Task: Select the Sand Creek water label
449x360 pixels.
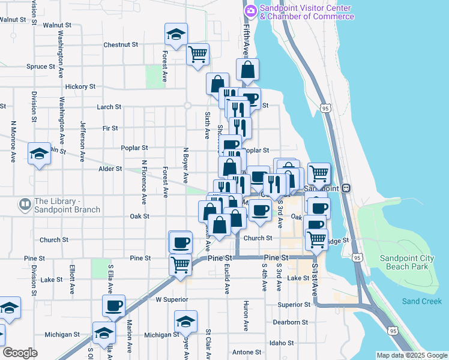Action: (421, 301)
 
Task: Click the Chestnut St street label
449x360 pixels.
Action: (121, 45)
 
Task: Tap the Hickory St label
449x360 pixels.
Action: (80, 86)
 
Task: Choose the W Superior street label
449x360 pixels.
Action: (172, 299)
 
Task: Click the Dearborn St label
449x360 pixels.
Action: (290, 322)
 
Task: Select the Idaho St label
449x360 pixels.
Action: (282, 343)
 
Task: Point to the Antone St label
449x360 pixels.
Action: (247, 352)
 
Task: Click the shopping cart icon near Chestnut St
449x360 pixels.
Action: (198, 55)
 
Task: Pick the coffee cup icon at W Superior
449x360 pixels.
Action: (114, 306)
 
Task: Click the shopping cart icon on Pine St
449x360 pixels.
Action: (180, 265)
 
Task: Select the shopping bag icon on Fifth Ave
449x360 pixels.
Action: (248, 70)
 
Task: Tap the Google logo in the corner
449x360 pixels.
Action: (20, 353)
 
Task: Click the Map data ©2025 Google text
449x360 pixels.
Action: (412, 355)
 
